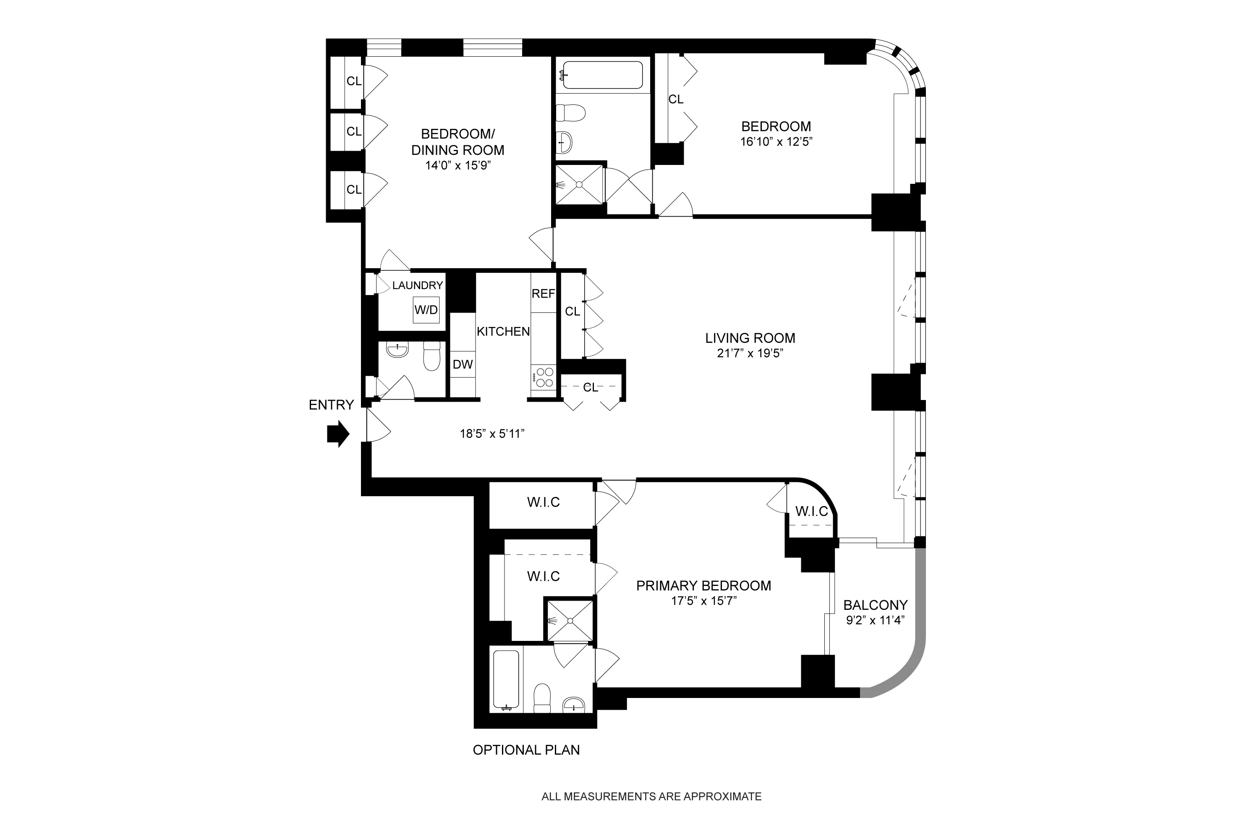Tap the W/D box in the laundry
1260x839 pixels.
coord(426,310)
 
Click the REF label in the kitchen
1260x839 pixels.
coord(543,294)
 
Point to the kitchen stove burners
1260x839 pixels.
coord(544,377)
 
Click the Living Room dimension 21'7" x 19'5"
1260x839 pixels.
coord(750,353)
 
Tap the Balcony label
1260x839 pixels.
coord(875,605)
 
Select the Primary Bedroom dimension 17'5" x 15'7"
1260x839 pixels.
coord(703,601)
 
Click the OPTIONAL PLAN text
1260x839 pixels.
coord(526,750)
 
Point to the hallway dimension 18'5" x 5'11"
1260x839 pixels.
coord(491,434)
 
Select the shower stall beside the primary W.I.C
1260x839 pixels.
coord(570,621)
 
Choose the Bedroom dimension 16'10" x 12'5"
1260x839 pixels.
coord(776,142)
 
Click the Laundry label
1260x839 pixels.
coord(417,286)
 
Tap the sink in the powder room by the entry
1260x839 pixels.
coord(397,350)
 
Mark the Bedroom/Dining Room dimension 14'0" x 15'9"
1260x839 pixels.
coord(457,165)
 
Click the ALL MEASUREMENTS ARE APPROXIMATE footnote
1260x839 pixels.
coord(651,797)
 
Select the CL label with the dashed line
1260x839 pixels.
coord(590,387)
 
